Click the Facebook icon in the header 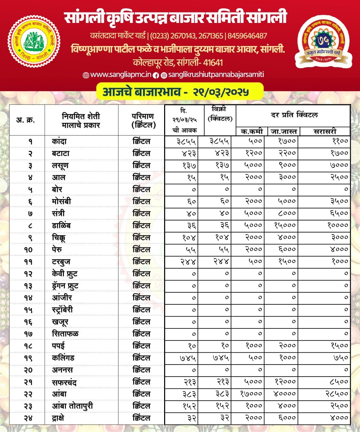[x=156, y=75]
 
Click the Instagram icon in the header [x=164, y=75]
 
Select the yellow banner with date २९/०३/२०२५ [x=180, y=91]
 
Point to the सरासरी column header [x=325, y=131]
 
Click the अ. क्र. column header [x=26, y=120]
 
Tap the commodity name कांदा [x=59, y=141]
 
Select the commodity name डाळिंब [x=61, y=225]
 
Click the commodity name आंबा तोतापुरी [x=72, y=406]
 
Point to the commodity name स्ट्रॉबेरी [x=62, y=310]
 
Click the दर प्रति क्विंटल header [x=294, y=115]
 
